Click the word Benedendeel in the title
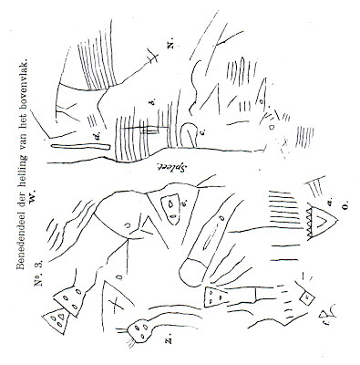click(x=20, y=232)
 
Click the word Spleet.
click(x=171, y=165)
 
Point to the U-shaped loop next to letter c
click(x=190, y=130)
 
